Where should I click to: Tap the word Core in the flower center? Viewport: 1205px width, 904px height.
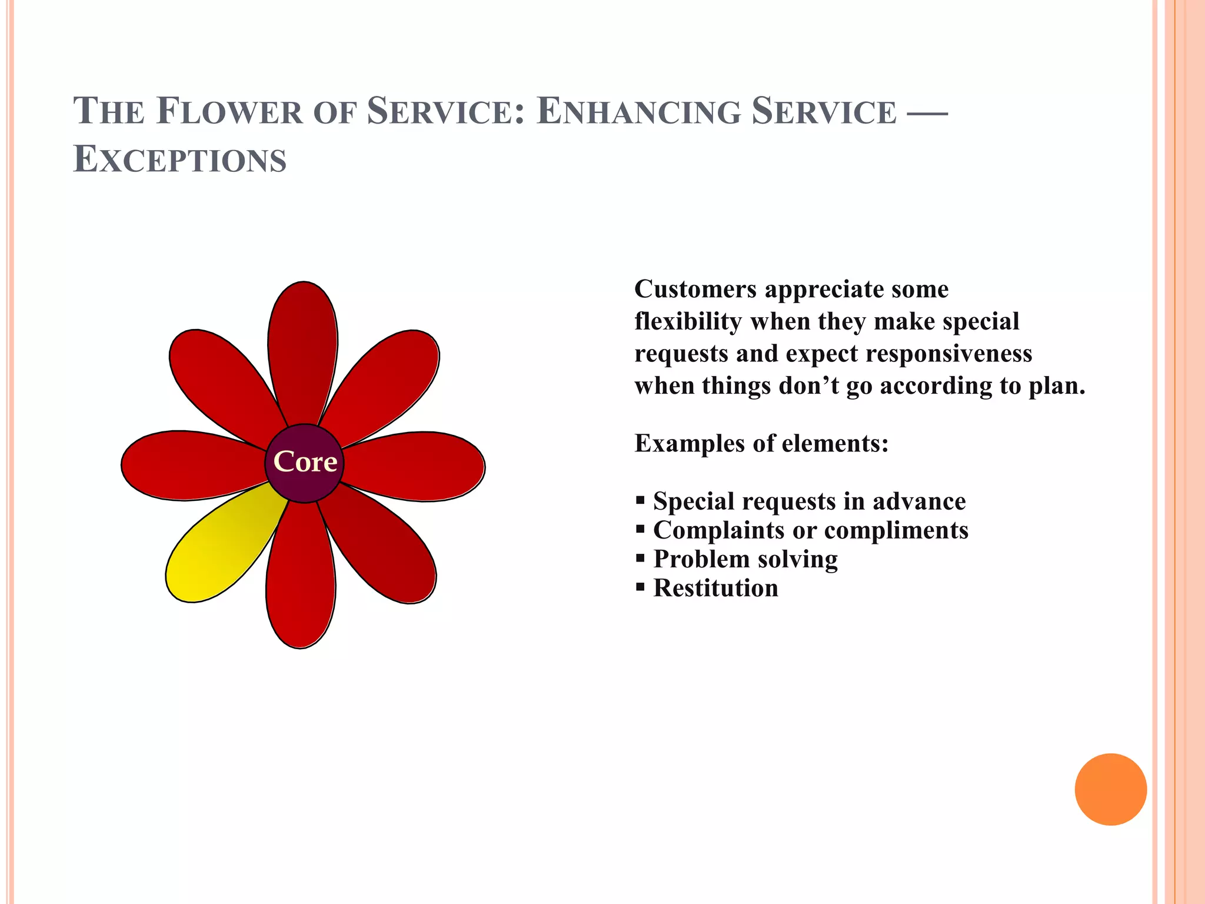[x=305, y=462]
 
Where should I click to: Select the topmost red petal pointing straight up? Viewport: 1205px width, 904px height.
[x=303, y=347]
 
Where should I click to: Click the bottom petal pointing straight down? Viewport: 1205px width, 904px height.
[x=301, y=583]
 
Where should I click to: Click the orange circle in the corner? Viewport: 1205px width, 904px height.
[x=1110, y=789]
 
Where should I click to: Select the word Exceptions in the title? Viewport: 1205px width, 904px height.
[x=179, y=159]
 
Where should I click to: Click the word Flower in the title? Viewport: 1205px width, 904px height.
[x=229, y=111]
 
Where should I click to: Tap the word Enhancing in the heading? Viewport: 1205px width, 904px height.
[x=638, y=111]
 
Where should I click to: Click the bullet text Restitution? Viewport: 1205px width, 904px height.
[x=715, y=588]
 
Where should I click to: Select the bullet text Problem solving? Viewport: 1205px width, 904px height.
[x=745, y=559]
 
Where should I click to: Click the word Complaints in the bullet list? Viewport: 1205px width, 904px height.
[x=719, y=530]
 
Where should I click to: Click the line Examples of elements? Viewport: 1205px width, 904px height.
[x=761, y=443]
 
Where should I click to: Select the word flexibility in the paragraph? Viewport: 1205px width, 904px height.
[x=688, y=322]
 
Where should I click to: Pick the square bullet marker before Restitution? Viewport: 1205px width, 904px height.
[x=640, y=587]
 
